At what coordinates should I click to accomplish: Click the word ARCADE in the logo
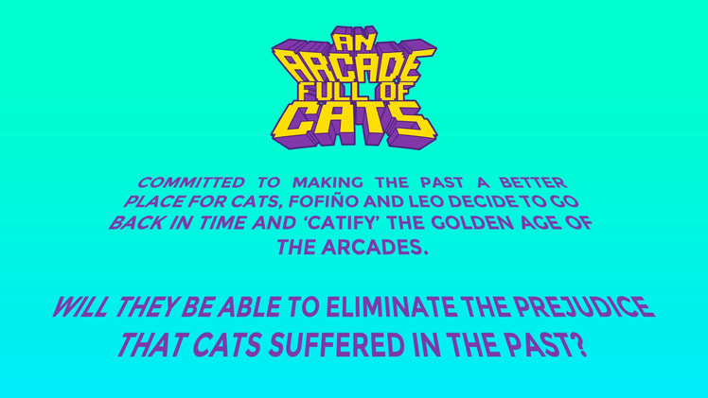(353, 68)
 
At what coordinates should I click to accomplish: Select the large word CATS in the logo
(354, 121)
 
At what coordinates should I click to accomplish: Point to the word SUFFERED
(327, 345)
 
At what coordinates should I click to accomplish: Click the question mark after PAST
(579, 345)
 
